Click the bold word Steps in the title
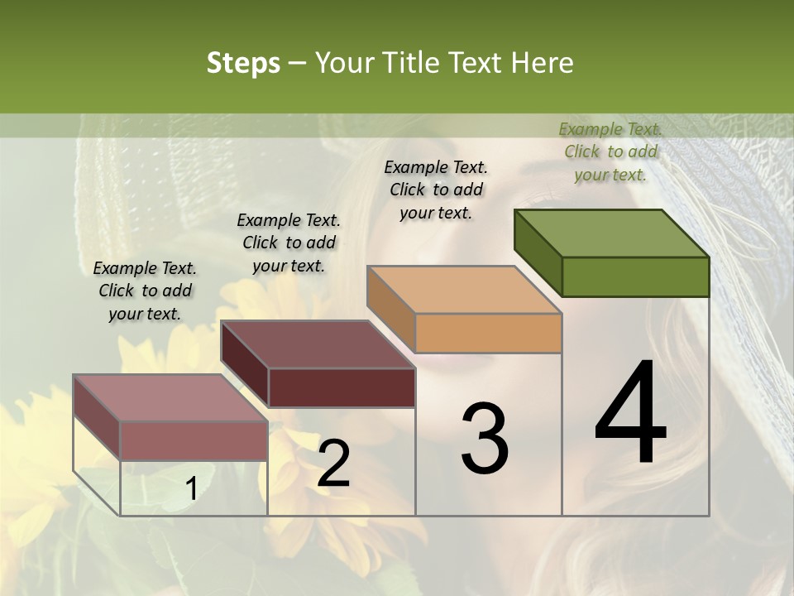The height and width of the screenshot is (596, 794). coord(242,63)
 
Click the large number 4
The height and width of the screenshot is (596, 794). coord(630,414)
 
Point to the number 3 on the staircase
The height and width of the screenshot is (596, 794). coord(484,439)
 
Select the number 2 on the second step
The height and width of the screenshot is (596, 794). coord(333,464)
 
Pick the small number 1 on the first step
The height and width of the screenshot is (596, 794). coord(191,490)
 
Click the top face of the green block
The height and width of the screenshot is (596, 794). coord(612,233)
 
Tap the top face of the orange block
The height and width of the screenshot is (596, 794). coord(464,290)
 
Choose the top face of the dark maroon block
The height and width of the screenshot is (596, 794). coord(318,344)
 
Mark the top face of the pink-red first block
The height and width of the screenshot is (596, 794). coord(170,398)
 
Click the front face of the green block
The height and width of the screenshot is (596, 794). coord(635,276)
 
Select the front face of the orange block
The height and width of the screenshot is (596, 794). coord(488,333)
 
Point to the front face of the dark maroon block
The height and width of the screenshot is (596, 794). coord(342,387)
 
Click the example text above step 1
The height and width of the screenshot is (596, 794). coord(145,291)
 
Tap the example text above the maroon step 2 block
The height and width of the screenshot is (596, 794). coord(289,243)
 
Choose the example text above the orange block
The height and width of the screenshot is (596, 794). coord(436,190)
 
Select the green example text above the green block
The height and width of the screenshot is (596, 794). coord(610,151)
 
